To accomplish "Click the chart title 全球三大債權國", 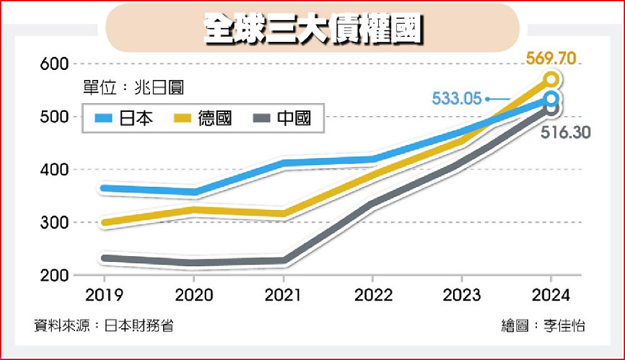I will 312,29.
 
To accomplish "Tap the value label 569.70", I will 550,59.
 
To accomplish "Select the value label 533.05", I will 457,99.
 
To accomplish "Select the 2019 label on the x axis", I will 104,295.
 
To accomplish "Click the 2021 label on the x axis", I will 283,295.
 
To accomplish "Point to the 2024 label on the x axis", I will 551,295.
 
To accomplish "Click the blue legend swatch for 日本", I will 103,117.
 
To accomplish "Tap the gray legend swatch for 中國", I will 262,117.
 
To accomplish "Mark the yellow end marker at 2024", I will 551,79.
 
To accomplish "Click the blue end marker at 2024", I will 551,99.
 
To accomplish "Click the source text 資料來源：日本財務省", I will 104,326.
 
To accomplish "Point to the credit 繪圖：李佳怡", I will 543,326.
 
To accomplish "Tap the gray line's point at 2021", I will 283,261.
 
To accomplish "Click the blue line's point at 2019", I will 104,188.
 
